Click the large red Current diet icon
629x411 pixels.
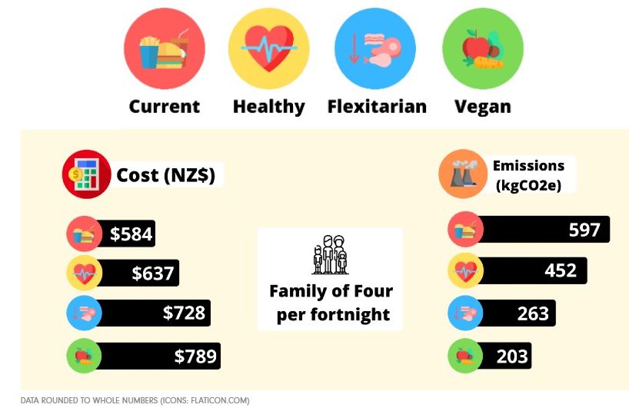(164, 48)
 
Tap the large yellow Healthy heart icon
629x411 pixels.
(269, 48)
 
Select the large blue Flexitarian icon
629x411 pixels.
(375, 48)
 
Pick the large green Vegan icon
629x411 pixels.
(482, 48)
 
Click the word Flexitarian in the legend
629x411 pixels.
(377, 106)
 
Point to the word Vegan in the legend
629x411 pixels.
(482, 106)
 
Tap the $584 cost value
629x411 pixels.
(131, 234)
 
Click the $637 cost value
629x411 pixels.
(154, 272)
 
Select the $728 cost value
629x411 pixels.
(185, 313)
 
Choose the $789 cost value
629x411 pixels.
(195, 356)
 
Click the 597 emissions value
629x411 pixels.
(584, 229)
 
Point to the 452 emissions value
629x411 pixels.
(561, 270)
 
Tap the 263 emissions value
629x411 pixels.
(533, 313)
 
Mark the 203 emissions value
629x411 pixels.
(512, 356)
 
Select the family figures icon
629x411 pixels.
(329, 255)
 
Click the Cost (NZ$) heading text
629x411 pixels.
(166, 175)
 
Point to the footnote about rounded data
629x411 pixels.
(135, 400)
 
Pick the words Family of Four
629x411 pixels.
(331, 292)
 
